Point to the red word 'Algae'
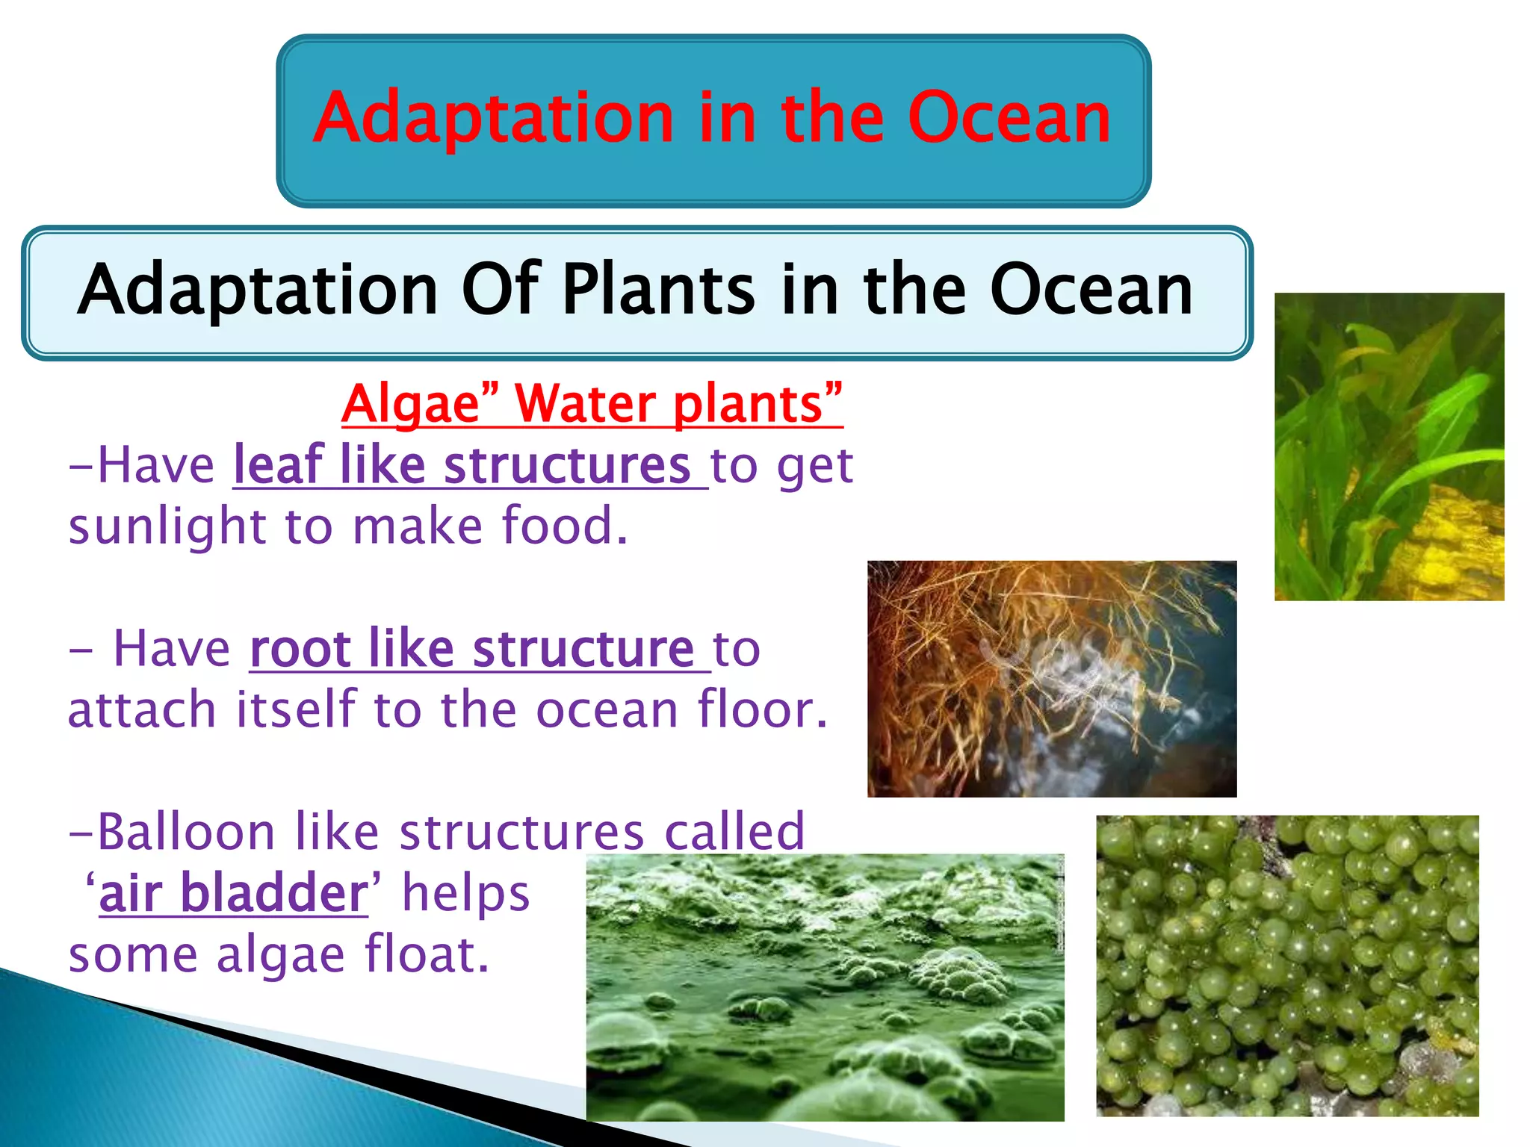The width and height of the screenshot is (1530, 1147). coord(410,404)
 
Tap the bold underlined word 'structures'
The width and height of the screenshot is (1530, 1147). coord(566,465)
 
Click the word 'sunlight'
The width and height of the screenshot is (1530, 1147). coord(167,526)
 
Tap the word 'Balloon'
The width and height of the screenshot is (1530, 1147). coord(187,831)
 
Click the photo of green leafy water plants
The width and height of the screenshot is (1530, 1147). coord(1389,447)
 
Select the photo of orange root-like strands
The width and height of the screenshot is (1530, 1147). coord(1051,678)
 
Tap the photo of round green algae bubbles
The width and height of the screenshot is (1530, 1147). coord(1286,965)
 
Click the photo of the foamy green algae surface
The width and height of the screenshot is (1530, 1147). coord(824,986)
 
